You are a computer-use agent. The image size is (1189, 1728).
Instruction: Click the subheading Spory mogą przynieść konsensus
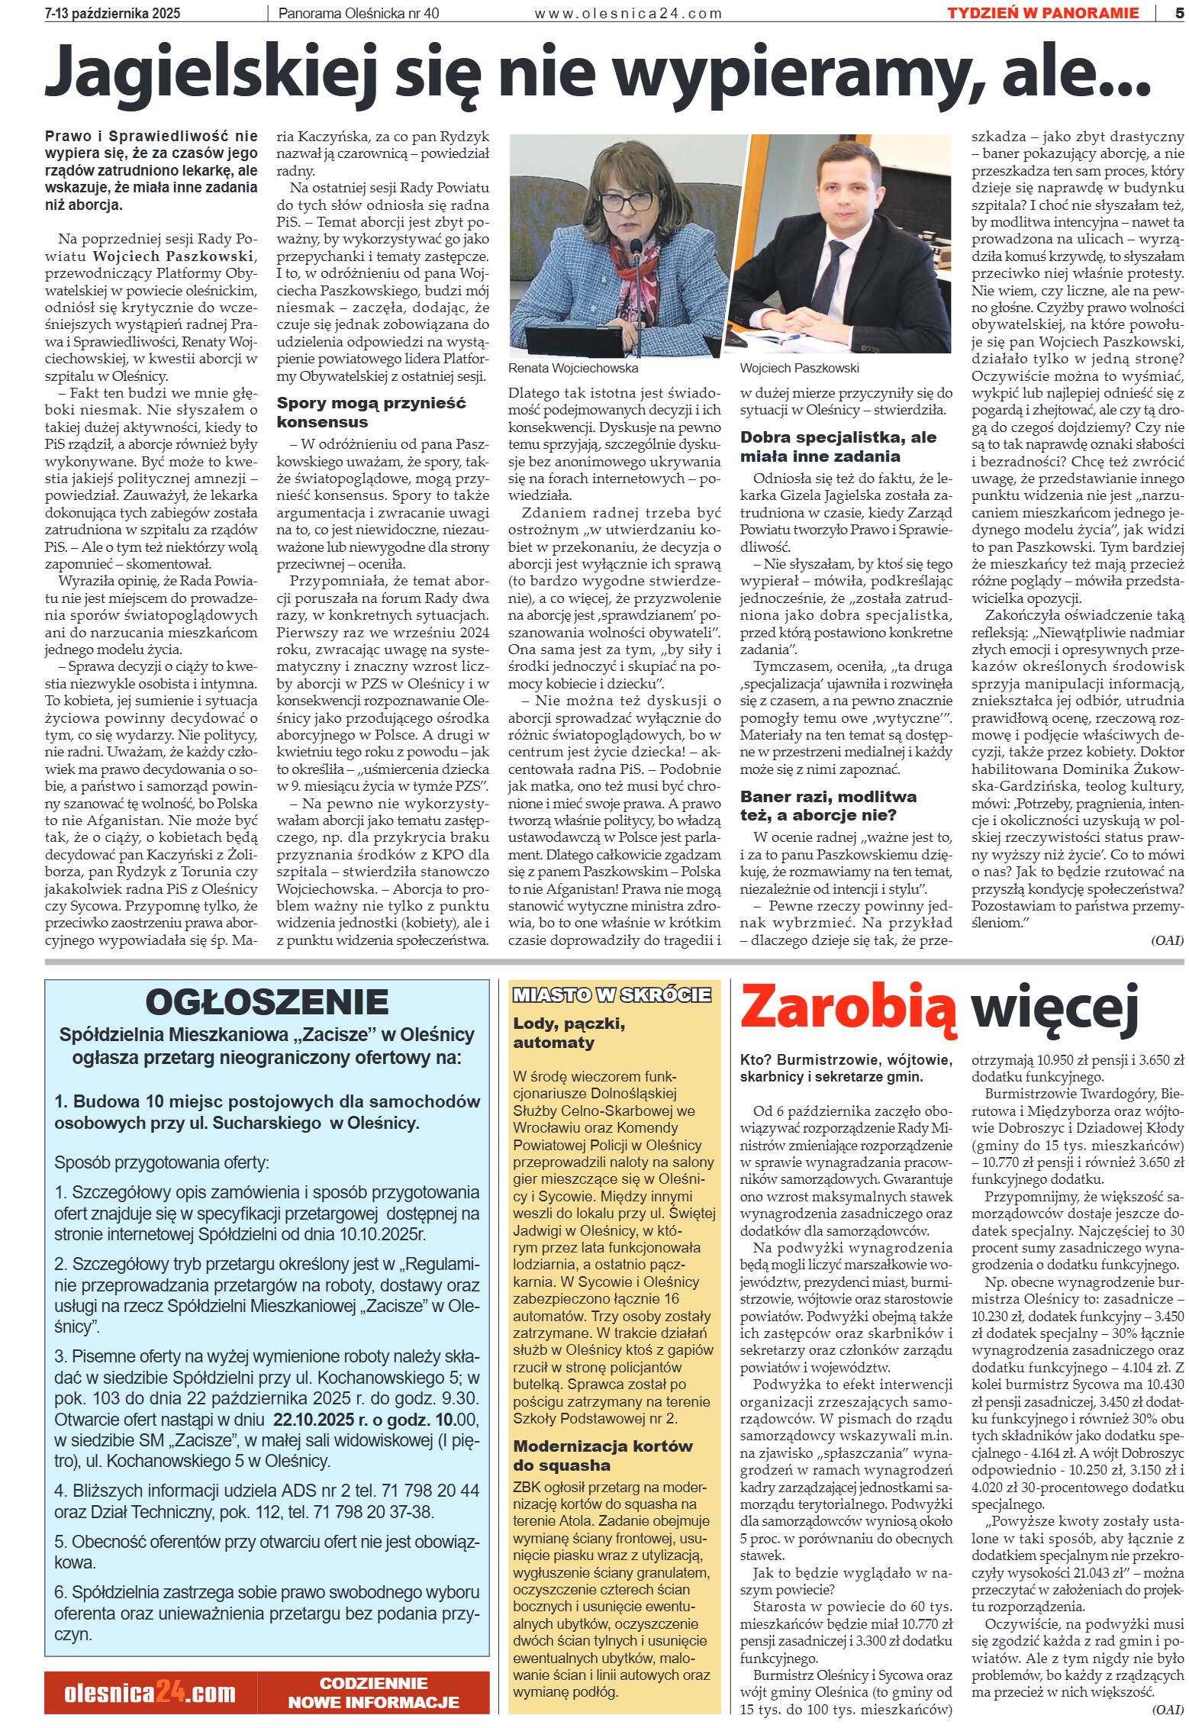pos(370,412)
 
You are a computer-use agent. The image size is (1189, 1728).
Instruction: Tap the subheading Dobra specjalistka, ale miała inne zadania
pos(838,447)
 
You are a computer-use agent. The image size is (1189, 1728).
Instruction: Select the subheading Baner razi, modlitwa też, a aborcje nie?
pos(829,805)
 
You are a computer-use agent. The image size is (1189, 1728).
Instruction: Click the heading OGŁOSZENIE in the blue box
pos(266,1002)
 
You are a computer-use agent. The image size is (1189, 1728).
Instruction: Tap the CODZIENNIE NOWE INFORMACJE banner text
pos(373,1693)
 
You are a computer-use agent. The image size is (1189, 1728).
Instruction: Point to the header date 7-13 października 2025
pos(113,13)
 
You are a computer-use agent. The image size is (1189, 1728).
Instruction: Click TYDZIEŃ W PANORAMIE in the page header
pos(1042,13)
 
